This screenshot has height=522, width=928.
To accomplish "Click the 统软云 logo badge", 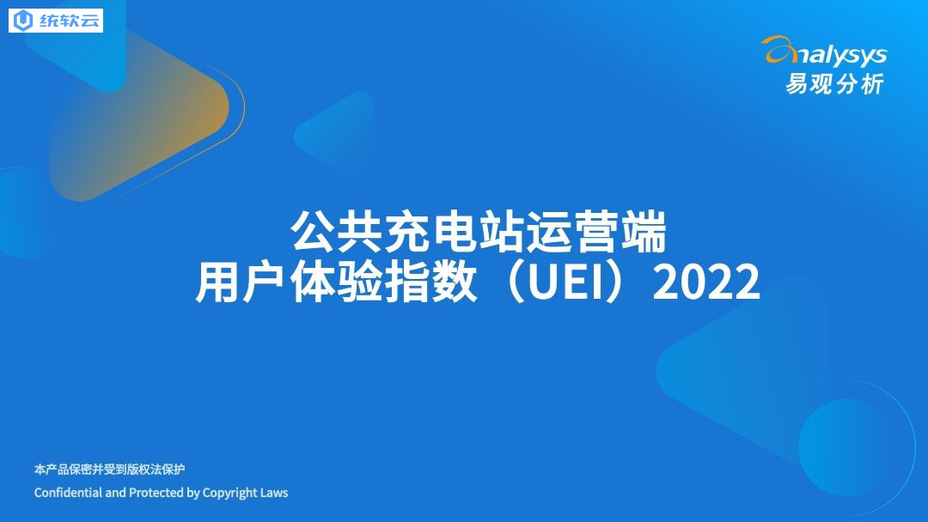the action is (x=56, y=21).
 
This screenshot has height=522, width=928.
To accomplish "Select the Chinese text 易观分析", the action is (x=835, y=84).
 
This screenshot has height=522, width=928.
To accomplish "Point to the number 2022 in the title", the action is (x=706, y=282).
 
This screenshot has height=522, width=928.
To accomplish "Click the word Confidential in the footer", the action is (x=68, y=493).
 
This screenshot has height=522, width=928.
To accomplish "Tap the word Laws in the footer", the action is (x=273, y=493).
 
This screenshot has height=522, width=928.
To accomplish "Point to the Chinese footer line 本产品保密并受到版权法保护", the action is (x=109, y=470).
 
